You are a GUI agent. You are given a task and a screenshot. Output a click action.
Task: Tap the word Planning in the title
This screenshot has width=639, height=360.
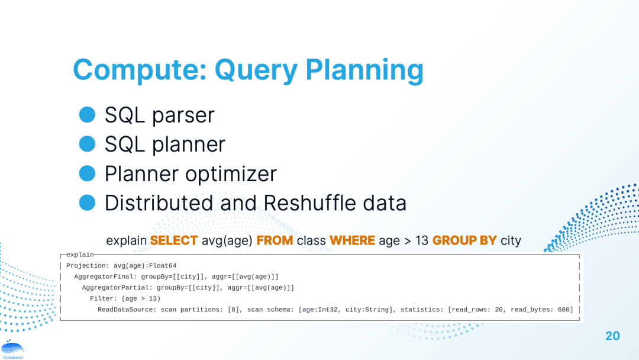coord(364,70)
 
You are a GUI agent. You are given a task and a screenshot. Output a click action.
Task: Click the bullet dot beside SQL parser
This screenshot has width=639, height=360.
coord(87,114)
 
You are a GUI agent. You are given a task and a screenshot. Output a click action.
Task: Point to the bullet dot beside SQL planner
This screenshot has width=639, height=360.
coord(87,144)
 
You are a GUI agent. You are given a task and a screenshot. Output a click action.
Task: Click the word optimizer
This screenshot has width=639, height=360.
coord(231,173)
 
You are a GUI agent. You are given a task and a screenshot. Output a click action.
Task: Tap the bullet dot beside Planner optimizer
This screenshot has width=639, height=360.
coord(87,173)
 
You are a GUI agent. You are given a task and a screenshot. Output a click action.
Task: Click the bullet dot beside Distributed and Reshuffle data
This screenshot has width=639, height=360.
coord(87,202)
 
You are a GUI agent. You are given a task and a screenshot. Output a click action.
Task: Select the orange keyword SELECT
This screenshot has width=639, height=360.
coord(174,240)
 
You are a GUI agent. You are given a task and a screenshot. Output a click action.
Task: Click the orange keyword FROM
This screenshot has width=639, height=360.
coord(275,240)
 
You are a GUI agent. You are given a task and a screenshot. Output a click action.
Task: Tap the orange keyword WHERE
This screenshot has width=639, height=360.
coord(352,240)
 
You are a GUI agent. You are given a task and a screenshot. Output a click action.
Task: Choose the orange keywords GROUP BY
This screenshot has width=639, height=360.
coord(464,240)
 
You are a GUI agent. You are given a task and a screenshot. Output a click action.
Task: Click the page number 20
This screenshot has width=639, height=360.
coord(612,336)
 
